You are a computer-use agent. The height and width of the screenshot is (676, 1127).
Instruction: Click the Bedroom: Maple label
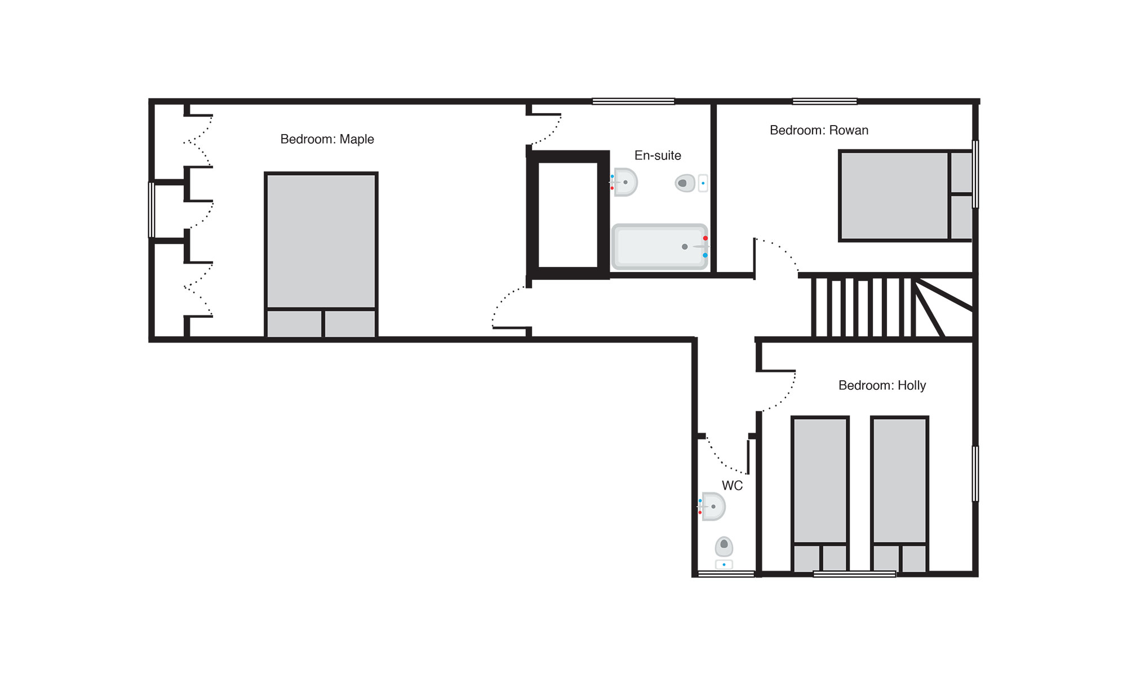pos(327,139)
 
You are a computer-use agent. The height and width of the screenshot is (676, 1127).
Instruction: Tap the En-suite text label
pos(658,155)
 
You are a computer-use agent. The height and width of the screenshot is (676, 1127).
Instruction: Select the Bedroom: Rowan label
pos(819,130)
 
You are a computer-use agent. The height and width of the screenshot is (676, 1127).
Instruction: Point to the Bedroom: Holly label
pos(882,385)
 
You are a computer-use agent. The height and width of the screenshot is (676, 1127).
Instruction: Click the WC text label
pos(732,486)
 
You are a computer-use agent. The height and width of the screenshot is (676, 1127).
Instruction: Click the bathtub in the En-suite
pos(660,247)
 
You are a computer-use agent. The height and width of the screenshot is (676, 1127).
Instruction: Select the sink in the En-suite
pos(624,182)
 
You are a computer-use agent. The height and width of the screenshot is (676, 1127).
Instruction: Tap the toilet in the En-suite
pos(691,183)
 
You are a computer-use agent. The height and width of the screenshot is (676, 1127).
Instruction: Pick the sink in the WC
pos(712,506)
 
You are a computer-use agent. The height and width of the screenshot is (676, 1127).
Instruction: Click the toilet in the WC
pos(724,553)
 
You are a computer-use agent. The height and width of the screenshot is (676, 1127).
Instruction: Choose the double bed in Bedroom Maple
pos(321,255)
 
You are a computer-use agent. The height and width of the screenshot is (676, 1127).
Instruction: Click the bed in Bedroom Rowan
pos(906,195)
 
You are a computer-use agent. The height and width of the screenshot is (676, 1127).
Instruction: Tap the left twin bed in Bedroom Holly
pos(820,495)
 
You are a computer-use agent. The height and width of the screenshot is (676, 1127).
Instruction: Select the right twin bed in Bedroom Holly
pos(899,495)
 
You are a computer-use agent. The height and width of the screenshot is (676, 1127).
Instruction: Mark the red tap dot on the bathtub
pos(705,238)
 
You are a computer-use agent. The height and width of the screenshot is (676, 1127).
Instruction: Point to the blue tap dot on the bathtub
pos(705,255)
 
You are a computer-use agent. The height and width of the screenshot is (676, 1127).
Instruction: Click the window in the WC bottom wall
pos(726,574)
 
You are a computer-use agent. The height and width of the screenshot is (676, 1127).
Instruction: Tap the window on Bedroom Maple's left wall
pos(151,210)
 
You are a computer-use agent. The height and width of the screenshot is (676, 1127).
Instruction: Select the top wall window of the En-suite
pos(633,101)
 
